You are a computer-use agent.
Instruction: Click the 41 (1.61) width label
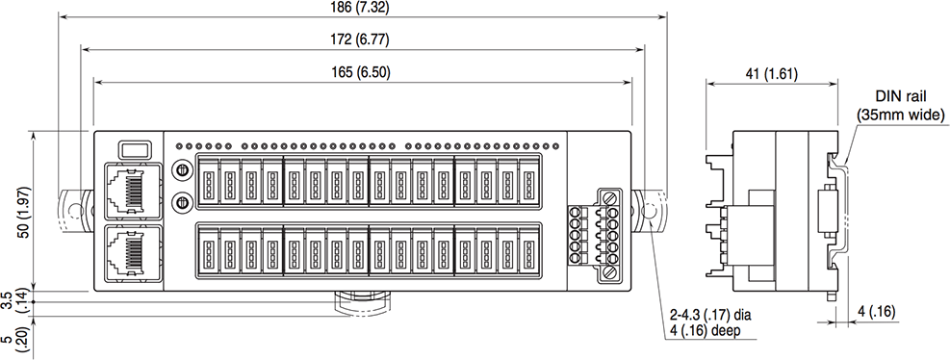(765, 73)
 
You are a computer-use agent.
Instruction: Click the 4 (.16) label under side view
(877, 311)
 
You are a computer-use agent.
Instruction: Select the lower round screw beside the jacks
(178, 202)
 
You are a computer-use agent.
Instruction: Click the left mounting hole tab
(73, 209)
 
